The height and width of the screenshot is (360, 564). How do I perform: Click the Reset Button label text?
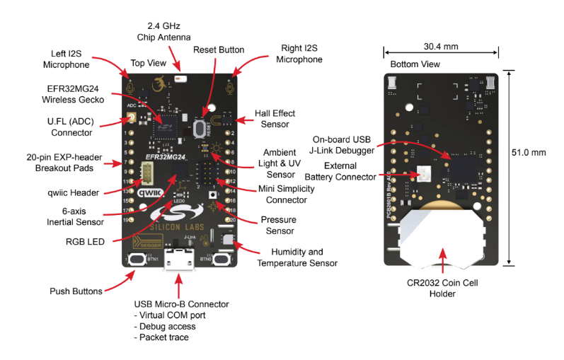[x=219, y=50]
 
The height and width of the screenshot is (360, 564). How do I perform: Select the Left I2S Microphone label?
[x=70, y=59]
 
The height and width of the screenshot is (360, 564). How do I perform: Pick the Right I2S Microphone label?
[x=299, y=54]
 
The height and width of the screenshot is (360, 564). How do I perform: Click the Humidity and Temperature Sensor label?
[x=297, y=257]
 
